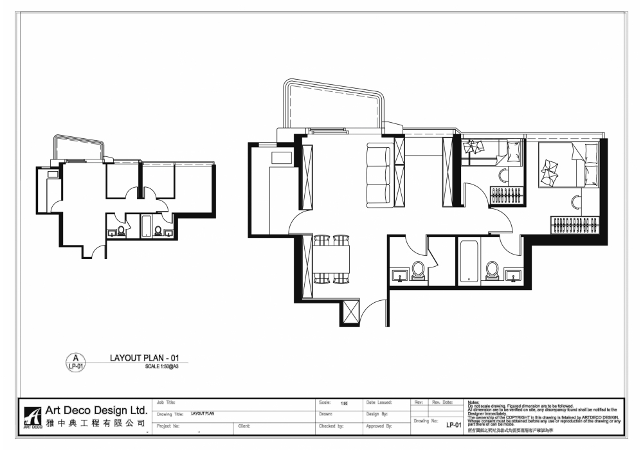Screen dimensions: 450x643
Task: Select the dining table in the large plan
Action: (332, 259)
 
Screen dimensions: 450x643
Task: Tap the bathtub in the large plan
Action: (469, 262)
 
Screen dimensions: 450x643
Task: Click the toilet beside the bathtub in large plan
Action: (493, 269)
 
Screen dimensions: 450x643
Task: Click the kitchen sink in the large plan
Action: (282, 157)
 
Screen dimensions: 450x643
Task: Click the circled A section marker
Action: (75, 361)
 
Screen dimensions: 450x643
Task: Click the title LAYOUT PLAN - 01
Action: (140, 357)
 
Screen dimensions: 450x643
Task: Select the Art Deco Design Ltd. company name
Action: (96, 410)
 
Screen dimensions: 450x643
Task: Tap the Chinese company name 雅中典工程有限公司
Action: (96, 424)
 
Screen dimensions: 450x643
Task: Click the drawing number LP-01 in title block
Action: (453, 424)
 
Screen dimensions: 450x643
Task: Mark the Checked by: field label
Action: (332, 426)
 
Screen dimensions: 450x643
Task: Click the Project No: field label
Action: (168, 426)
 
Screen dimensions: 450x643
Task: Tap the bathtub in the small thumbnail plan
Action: (146, 226)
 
